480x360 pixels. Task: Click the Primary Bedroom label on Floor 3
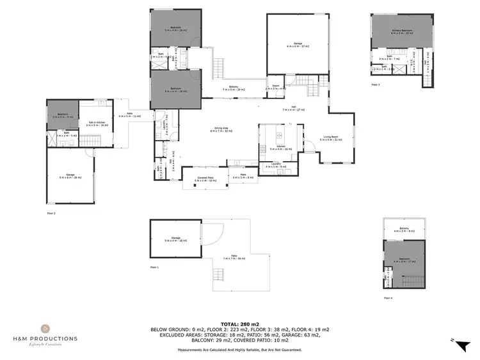403,31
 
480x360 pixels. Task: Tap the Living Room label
330,137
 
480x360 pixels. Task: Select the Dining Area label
222,130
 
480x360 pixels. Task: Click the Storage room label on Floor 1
175,239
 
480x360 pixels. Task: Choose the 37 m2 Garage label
298,45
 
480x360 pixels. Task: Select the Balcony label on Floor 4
404,229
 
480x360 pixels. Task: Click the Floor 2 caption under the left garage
51,212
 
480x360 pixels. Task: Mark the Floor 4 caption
388,298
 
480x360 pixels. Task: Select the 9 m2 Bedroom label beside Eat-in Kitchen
61,116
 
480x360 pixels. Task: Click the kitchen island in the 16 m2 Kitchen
280,136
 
